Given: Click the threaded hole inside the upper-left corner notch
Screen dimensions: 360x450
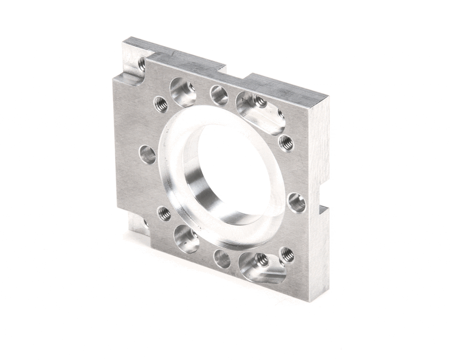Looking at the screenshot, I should click(141, 64).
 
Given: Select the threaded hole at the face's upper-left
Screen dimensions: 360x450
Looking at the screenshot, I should click(161, 104).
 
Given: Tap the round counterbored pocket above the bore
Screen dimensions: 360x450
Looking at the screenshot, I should click(183, 91).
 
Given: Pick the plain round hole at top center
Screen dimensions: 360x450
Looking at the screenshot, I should click(219, 95).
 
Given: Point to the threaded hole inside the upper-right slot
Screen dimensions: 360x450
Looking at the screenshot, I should click(259, 101).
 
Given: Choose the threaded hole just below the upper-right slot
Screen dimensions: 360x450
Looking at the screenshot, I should click(286, 143).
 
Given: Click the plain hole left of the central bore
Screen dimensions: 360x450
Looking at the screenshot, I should click(147, 154).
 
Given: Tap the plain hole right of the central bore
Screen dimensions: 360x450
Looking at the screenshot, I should click(296, 202).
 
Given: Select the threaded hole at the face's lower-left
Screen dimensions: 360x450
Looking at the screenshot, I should click(164, 213).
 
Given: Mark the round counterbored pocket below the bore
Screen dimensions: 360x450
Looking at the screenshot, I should click(186, 238).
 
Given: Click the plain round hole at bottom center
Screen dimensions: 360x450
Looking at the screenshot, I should click(223, 259).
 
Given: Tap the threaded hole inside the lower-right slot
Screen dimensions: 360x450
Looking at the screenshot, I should click(262, 259).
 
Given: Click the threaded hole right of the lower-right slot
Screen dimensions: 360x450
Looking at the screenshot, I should click(287, 254).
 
